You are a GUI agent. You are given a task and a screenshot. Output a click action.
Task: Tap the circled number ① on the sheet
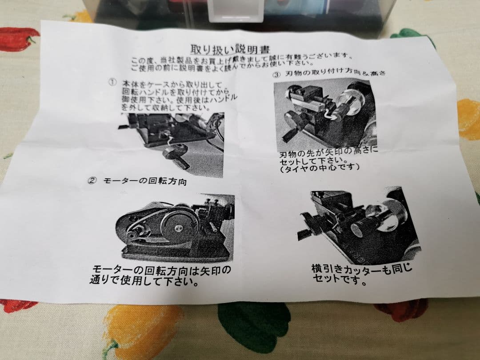point(112,83)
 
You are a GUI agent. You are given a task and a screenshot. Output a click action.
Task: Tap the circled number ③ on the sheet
point(276,74)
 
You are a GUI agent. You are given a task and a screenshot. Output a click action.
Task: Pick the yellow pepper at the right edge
point(468,118)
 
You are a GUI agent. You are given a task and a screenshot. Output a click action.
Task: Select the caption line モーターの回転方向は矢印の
point(162,270)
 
